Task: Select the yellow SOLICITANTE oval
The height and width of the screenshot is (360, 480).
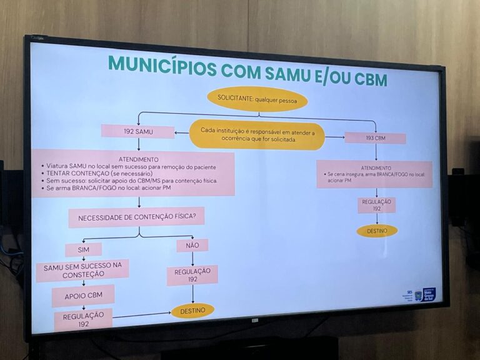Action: pos(257,99)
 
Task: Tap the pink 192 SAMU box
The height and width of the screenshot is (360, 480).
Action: pos(137,132)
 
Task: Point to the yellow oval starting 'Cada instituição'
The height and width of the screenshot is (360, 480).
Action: pos(257,135)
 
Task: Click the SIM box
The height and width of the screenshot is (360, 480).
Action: pos(84,249)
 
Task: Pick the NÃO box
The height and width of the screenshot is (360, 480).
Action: pos(192,246)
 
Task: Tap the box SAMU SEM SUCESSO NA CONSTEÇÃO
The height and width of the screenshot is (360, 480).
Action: pos(82,271)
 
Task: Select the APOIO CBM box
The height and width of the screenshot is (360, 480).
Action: pos(83,296)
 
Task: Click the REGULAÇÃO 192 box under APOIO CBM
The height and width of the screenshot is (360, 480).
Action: pos(83,319)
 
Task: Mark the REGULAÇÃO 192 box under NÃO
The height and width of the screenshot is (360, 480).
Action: pos(192,275)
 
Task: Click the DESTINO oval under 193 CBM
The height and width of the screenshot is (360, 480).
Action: pos(377,231)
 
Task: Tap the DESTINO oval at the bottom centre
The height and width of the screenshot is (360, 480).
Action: pos(192,310)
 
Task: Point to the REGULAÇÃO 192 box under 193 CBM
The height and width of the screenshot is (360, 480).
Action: pos(377,205)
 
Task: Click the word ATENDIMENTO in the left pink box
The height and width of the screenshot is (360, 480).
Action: pos(138,159)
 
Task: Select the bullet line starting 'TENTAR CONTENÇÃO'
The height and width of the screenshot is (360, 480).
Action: pos(94,173)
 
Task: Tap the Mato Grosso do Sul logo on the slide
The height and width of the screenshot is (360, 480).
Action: pos(429,294)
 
